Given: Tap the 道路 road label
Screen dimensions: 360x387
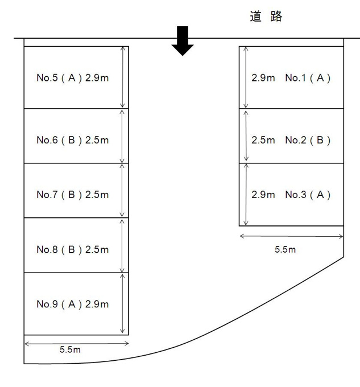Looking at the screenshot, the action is point(266,17).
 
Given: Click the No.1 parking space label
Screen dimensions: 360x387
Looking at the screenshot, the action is point(308,78).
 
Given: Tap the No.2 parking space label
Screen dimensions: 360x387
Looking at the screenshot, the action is point(308,140).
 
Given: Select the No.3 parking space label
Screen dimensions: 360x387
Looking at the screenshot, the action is point(308,195).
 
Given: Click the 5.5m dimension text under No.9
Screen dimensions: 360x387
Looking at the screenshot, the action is point(70,349).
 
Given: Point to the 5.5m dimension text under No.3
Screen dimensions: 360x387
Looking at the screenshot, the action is point(285,249).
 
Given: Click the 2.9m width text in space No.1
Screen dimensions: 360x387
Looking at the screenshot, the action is point(263,78).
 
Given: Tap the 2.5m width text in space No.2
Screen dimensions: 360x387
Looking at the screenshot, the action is point(263,140).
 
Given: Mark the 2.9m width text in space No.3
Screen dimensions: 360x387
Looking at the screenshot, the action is point(263,195).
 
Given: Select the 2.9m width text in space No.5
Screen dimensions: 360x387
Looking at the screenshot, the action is point(97,78).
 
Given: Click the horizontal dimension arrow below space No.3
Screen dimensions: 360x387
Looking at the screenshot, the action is point(291,236).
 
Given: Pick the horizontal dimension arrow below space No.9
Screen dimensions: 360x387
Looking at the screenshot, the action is point(77,343).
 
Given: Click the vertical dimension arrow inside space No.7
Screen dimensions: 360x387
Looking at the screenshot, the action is point(122,190).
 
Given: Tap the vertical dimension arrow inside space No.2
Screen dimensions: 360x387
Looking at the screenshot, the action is point(246,136).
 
